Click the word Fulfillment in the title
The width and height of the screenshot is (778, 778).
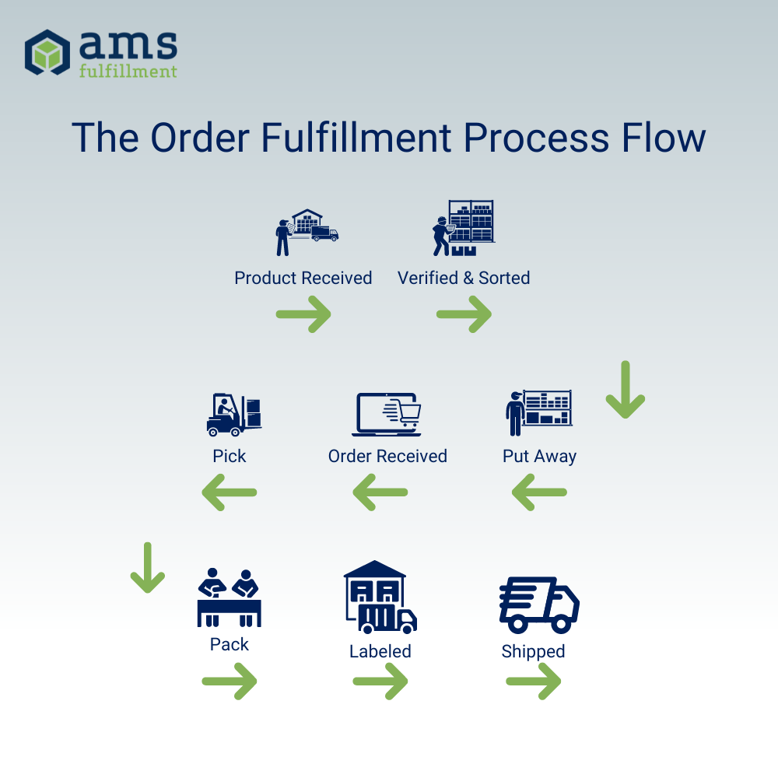(x=356, y=138)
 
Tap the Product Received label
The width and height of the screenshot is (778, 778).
(x=303, y=278)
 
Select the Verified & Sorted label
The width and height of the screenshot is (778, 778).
(x=464, y=278)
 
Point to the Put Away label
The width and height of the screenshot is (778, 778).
(x=539, y=456)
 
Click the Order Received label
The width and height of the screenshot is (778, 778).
(x=387, y=456)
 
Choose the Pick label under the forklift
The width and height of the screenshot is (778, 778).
(x=230, y=456)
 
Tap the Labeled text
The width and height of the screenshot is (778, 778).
(x=380, y=651)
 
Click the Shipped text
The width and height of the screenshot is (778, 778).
(x=533, y=651)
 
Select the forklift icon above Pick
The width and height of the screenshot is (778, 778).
(x=233, y=415)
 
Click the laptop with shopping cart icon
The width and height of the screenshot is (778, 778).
(x=387, y=415)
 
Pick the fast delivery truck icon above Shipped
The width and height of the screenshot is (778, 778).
(x=538, y=605)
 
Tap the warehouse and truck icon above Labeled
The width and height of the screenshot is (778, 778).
(x=380, y=597)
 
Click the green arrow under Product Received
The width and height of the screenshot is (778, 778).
(x=303, y=315)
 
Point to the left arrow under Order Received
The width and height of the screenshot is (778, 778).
(x=380, y=492)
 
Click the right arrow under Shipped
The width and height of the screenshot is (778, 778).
(x=534, y=682)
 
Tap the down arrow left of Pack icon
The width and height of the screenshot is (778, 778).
(x=147, y=568)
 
